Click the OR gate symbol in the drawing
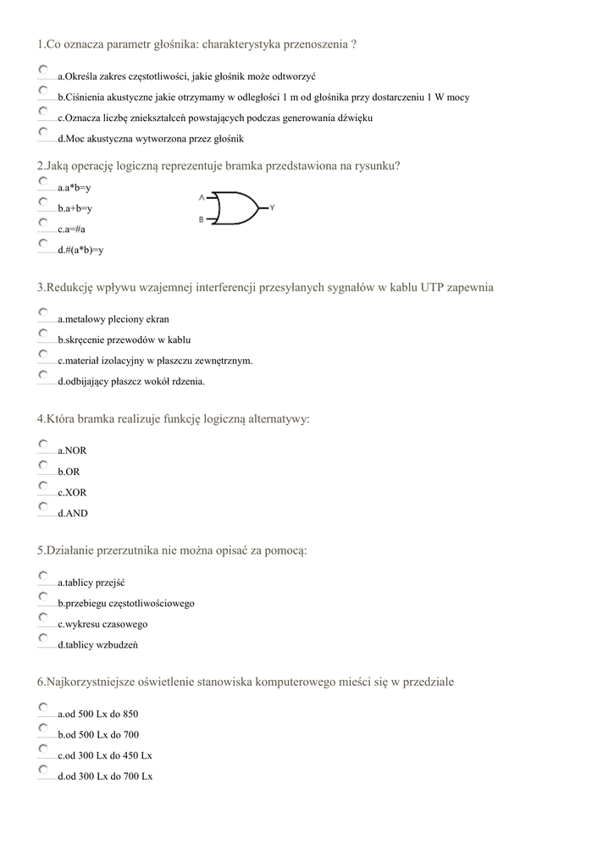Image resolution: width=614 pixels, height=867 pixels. point(236,208)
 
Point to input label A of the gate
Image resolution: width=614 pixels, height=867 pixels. point(202,198)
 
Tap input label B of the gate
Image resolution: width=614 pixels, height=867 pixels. point(202,219)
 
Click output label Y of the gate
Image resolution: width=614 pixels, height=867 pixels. point(272,207)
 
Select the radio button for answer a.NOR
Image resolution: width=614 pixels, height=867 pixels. point(43,444)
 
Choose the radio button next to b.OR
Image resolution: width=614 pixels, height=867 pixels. point(43,465)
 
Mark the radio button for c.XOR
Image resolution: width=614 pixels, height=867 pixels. point(43,486)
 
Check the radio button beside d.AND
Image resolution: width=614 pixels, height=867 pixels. point(43,506)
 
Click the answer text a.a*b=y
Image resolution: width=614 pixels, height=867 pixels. point(75,187)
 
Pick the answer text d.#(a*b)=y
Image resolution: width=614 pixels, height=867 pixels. point(80,250)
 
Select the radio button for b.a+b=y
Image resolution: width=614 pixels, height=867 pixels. point(43,202)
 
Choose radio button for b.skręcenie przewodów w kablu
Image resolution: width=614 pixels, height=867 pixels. point(43,334)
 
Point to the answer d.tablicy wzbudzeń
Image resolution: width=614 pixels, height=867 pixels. point(98,644)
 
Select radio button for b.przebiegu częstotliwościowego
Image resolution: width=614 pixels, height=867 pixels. point(43,597)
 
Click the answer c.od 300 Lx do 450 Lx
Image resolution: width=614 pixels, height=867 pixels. point(105,755)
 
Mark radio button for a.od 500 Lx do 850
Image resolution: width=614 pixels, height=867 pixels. point(43,707)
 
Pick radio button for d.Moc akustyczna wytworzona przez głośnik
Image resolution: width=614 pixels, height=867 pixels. point(43,132)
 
